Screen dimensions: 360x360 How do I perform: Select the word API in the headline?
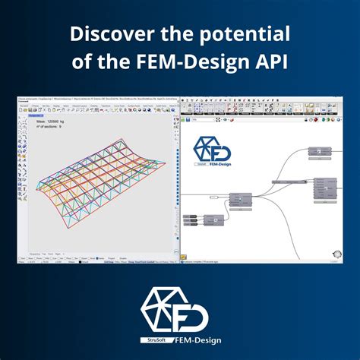point(270,61)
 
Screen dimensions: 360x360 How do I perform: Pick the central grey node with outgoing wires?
point(241,201)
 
